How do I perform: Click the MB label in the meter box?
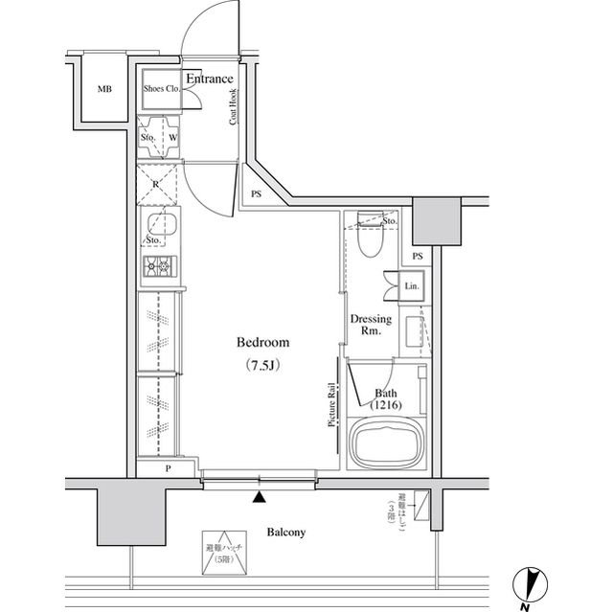103,90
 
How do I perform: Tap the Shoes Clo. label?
162,89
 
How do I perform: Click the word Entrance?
209,79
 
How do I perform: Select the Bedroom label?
261,343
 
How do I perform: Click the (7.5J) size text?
261,366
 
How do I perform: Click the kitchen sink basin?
158,227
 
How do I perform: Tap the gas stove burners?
157,267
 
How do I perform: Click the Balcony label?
285,533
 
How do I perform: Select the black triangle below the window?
259,497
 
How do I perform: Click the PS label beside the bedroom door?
256,193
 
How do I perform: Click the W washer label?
172,136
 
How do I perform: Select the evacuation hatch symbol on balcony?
223,553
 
